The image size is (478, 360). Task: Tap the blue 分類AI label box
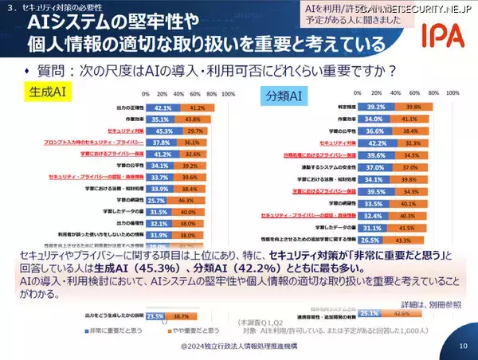coord(285,96)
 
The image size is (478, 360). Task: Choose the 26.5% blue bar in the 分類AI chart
coord(369,238)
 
